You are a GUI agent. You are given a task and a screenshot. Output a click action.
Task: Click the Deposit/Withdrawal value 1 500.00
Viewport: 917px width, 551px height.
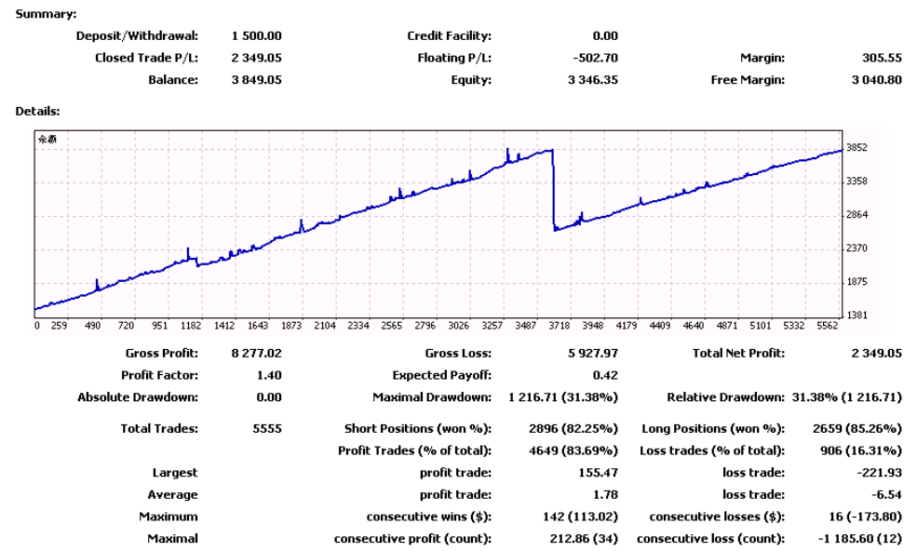256,35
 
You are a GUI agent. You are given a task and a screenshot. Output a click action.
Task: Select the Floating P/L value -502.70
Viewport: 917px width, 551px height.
595,58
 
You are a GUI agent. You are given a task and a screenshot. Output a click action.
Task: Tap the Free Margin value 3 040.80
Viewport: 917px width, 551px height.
876,79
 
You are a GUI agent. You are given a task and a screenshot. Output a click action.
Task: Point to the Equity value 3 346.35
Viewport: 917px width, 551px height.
592,79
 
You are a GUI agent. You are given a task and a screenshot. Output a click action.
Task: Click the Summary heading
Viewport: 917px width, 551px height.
46,14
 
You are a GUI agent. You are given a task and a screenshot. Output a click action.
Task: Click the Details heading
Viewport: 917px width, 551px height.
37,111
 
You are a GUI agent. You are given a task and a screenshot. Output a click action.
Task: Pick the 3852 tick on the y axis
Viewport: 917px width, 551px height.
856,148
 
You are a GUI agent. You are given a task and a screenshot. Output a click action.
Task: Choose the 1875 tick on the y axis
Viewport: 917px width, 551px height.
856,282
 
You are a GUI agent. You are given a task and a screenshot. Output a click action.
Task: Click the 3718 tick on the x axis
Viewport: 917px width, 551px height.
560,326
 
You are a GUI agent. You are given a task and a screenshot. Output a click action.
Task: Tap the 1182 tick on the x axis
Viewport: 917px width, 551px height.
191,326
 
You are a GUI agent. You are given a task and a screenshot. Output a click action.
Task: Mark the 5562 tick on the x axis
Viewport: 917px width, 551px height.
828,326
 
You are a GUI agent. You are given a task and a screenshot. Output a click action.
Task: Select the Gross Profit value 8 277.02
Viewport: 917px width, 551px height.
256,354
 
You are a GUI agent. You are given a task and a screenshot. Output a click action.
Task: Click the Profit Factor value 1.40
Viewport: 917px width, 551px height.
269,375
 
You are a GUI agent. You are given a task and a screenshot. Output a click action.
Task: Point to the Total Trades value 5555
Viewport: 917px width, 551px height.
267,429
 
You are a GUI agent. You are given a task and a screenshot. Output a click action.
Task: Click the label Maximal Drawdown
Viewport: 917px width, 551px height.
432,397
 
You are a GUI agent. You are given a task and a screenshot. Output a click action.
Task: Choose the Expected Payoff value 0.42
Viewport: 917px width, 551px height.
605,375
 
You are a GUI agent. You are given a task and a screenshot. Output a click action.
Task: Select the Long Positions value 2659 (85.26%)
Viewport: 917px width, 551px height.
857,429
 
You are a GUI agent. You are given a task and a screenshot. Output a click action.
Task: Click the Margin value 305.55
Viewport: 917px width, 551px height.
882,58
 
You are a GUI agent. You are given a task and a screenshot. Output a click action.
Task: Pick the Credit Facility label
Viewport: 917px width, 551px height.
449,35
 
